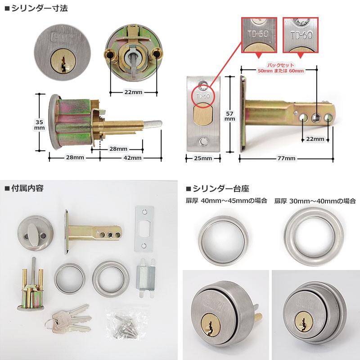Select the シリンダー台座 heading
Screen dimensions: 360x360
click(220, 188)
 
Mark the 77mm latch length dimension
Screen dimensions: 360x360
click(287, 158)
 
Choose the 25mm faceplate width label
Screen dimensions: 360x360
click(203, 158)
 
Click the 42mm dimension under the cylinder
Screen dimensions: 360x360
click(132, 157)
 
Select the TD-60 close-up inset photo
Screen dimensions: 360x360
click(301, 34)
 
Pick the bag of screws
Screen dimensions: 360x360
click(126, 324)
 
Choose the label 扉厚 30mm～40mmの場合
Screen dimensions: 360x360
click(315, 201)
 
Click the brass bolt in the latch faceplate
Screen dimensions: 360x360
click(202, 115)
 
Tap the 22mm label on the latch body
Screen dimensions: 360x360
click(315, 139)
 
